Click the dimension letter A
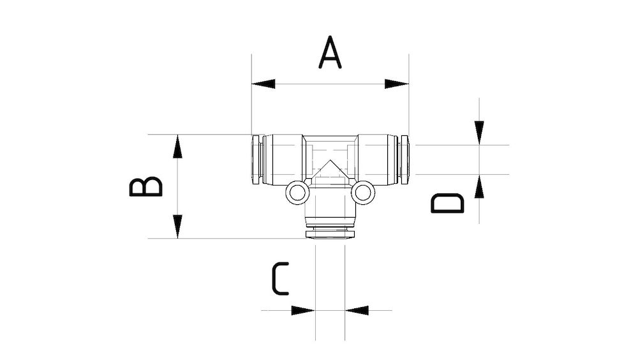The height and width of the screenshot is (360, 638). point(330,53)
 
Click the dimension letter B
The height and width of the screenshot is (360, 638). point(146,186)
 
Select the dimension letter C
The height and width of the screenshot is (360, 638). point(280,278)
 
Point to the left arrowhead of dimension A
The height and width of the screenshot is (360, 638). point(263,84)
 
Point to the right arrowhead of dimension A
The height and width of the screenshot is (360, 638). point(397,84)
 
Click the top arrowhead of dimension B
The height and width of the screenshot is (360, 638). point(178,146)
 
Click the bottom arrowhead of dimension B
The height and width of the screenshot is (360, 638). point(178,227)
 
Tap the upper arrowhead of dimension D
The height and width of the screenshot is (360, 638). point(479,133)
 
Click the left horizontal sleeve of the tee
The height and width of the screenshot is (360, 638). point(284,160)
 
